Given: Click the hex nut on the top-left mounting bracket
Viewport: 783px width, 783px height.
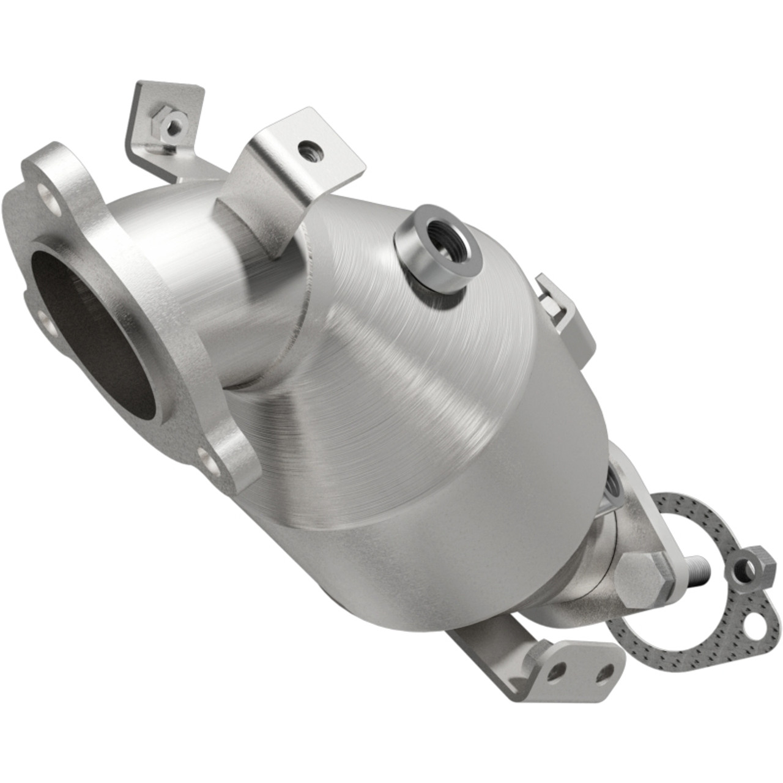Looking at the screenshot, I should (x=172, y=112).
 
